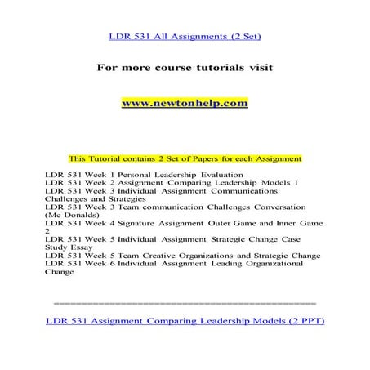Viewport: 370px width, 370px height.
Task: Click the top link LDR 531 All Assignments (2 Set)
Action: click(185, 36)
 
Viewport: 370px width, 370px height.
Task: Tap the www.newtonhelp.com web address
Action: click(184, 104)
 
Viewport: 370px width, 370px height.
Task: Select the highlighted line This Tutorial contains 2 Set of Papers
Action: click(185, 158)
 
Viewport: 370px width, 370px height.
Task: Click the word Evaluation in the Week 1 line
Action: click(222, 174)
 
